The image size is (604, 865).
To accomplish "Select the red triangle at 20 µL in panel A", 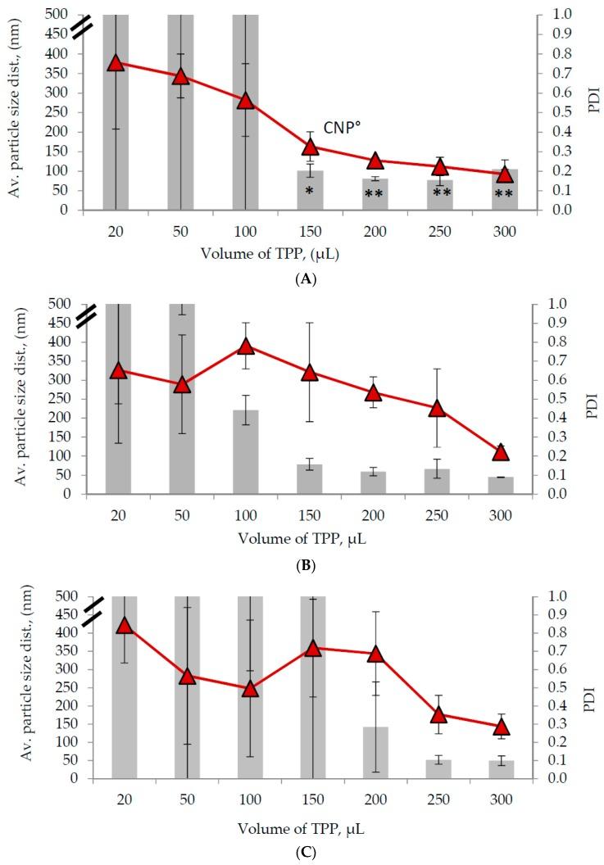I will pyautogui.click(x=116, y=63).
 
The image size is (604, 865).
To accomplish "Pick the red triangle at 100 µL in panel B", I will pyautogui.click(x=245, y=346).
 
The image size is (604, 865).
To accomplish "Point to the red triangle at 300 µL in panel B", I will pyautogui.click(x=501, y=452).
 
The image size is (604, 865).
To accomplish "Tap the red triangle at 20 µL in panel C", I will pyautogui.click(x=125, y=626).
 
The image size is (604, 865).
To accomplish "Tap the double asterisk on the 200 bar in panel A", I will pyautogui.click(x=375, y=194).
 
